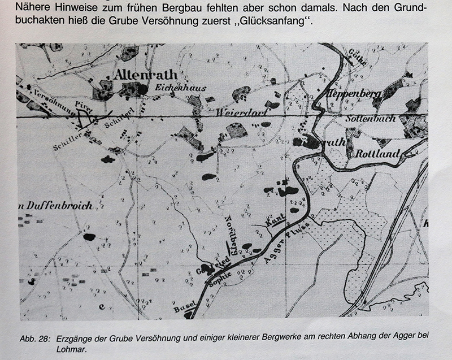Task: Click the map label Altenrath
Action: point(145,75)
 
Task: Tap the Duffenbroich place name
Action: point(56,206)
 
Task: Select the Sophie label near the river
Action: point(220,279)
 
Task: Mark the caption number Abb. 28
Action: point(34,338)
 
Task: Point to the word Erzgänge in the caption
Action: point(74,338)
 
